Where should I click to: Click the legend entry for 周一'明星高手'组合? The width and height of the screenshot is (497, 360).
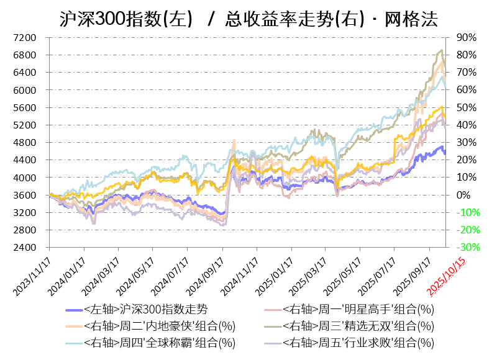[x=358, y=310]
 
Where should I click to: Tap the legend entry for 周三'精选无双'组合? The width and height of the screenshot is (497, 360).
[x=358, y=326]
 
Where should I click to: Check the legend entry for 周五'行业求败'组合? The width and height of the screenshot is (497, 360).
[x=358, y=342]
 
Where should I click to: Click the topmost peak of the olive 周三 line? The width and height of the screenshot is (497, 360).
[x=441, y=50]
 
